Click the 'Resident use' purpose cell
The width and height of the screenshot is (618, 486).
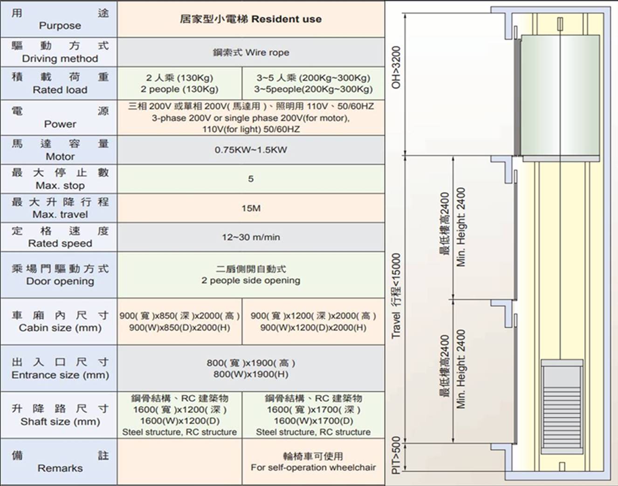tap(251, 19)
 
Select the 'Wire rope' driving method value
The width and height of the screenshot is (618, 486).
tap(251, 52)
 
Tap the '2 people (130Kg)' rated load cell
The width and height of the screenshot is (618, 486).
tap(179, 84)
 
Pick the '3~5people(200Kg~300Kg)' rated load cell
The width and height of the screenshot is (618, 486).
tap(313, 84)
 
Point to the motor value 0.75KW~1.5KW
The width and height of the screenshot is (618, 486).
tap(251, 150)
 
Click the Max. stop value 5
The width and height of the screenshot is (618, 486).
tap(251, 179)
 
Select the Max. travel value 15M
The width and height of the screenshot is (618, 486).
tap(251, 208)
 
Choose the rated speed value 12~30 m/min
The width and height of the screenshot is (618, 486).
tap(251, 237)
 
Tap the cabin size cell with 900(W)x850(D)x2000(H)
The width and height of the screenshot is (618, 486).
tap(179, 322)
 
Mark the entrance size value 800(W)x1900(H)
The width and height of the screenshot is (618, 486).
tap(251, 374)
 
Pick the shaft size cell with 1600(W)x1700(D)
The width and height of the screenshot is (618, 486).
tap(313, 415)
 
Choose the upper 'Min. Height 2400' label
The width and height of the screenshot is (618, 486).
tap(461, 227)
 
